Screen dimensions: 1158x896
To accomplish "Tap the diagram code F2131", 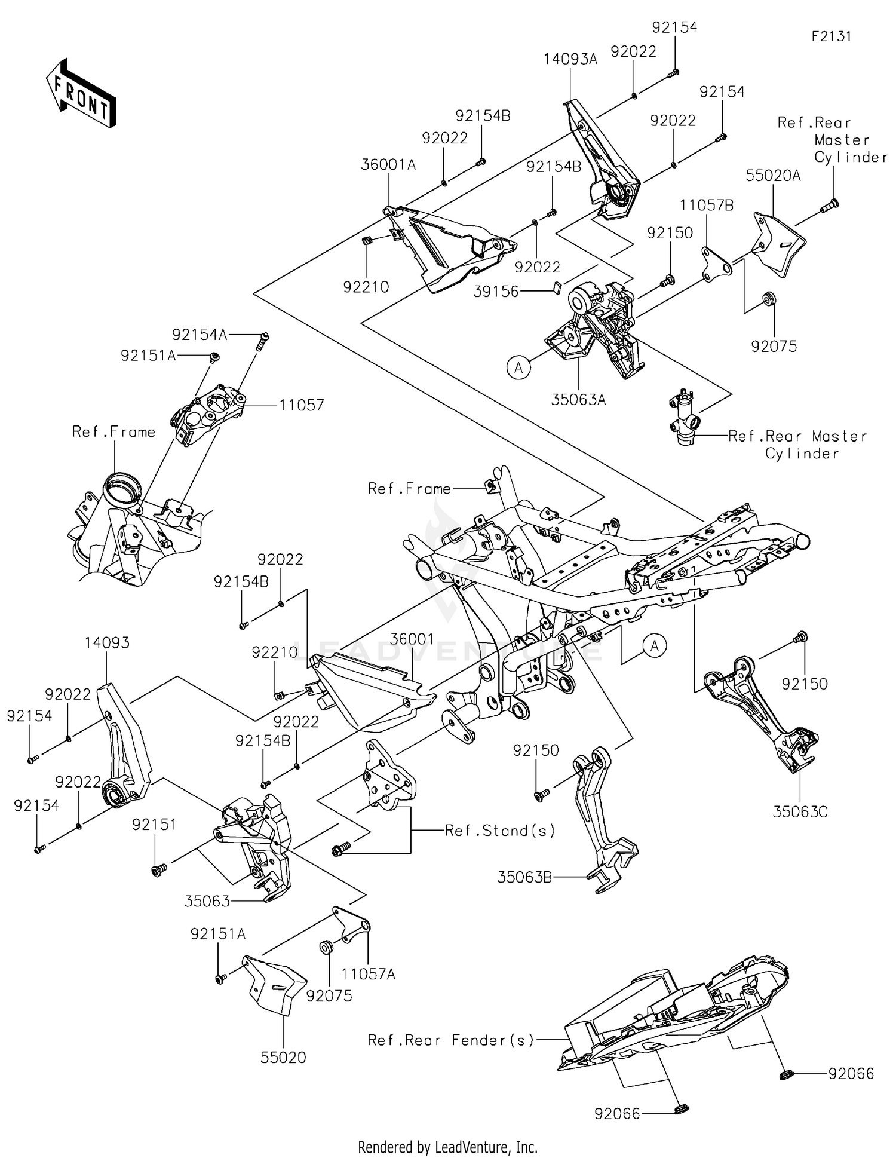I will pos(831,36).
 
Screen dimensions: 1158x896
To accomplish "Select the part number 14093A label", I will pos(570,59).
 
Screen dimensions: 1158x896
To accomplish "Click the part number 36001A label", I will pos(388,164).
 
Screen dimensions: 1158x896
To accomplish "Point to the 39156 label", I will pos(496,292).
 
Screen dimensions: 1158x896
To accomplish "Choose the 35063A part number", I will pos(578,400).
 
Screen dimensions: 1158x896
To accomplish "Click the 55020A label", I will pos(773,176).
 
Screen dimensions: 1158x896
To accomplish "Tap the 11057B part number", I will pos(706,206).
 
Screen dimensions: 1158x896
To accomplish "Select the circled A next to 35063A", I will pos(518,367).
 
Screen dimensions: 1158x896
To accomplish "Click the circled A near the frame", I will pos(655,646).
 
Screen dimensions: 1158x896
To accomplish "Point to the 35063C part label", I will pos(800,812).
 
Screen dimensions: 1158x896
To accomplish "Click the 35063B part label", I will pos(524,877).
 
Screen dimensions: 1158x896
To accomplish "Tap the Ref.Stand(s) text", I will pos(500,831).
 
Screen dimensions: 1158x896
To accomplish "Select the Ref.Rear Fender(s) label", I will pos(450,1040).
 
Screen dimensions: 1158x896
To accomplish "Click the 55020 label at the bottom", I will pos(283,1058).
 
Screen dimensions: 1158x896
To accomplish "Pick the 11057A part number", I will pos(368,975).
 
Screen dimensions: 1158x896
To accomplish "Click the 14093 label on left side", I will pos(107,643).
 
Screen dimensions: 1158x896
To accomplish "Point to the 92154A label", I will pos(200,335).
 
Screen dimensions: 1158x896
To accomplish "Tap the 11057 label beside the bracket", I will pos(301,405).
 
